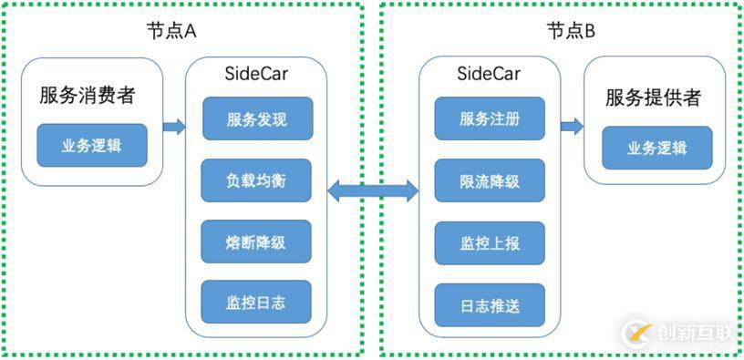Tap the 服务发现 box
pyautogui.click(x=256, y=118)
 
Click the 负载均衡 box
pyautogui.click(x=256, y=180)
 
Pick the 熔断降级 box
pyautogui.click(x=256, y=242)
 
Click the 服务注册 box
pyautogui.click(x=490, y=118)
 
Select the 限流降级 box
pyautogui.click(x=490, y=180)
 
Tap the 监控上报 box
pyautogui.click(x=490, y=243)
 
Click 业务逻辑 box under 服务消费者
pyautogui.click(x=91, y=146)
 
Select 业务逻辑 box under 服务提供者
pyautogui.click(x=656, y=149)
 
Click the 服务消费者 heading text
pyautogui.click(x=92, y=96)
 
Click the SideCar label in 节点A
pyautogui.click(x=256, y=74)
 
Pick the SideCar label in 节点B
pyautogui.click(x=490, y=74)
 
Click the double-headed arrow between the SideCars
pyautogui.click(x=373, y=190)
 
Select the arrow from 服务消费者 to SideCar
pyautogui.click(x=173, y=127)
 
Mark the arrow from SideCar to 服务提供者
pyautogui.click(x=572, y=127)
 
